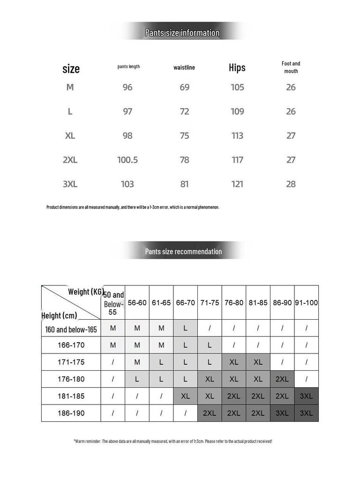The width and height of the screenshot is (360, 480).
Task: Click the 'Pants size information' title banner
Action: pyautogui.click(x=182, y=33)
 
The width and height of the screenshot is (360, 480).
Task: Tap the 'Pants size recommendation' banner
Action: pyautogui.click(x=183, y=252)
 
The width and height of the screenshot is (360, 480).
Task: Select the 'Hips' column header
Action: pyautogui.click(x=237, y=67)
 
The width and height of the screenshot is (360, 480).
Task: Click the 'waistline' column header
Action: pyautogui.click(x=184, y=67)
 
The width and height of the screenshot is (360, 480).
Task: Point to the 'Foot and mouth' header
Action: pyautogui.click(x=291, y=67)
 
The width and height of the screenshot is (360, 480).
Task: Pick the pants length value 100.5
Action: pyautogui.click(x=127, y=160)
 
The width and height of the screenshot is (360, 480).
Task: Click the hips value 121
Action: pyautogui.click(x=237, y=184)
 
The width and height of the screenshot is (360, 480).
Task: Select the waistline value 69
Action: pyautogui.click(x=185, y=87)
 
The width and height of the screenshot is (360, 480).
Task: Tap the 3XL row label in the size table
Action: pyautogui.click(x=70, y=184)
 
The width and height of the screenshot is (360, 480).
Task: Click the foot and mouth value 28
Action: pyautogui.click(x=291, y=184)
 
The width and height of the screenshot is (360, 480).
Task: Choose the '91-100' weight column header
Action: pyautogui.click(x=306, y=303)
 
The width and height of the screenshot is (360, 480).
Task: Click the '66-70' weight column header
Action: pyautogui.click(x=185, y=303)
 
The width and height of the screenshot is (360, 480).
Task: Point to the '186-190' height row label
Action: pyautogui.click(x=71, y=413)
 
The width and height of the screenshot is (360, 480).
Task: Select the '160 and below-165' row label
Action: pyautogui.click(x=71, y=330)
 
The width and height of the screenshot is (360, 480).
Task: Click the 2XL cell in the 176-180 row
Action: pyautogui.click(x=282, y=379)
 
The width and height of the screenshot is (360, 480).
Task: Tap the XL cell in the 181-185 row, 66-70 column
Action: pyautogui.click(x=185, y=396)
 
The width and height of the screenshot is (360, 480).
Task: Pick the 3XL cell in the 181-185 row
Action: pyautogui.click(x=306, y=396)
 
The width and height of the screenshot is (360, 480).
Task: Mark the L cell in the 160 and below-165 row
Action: pyautogui.click(x=185, y=328)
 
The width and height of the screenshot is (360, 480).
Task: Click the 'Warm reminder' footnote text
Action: pyautogui.click(x=173, y=441)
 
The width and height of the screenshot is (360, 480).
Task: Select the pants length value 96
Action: pyautogui.click(x=127, y=87)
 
